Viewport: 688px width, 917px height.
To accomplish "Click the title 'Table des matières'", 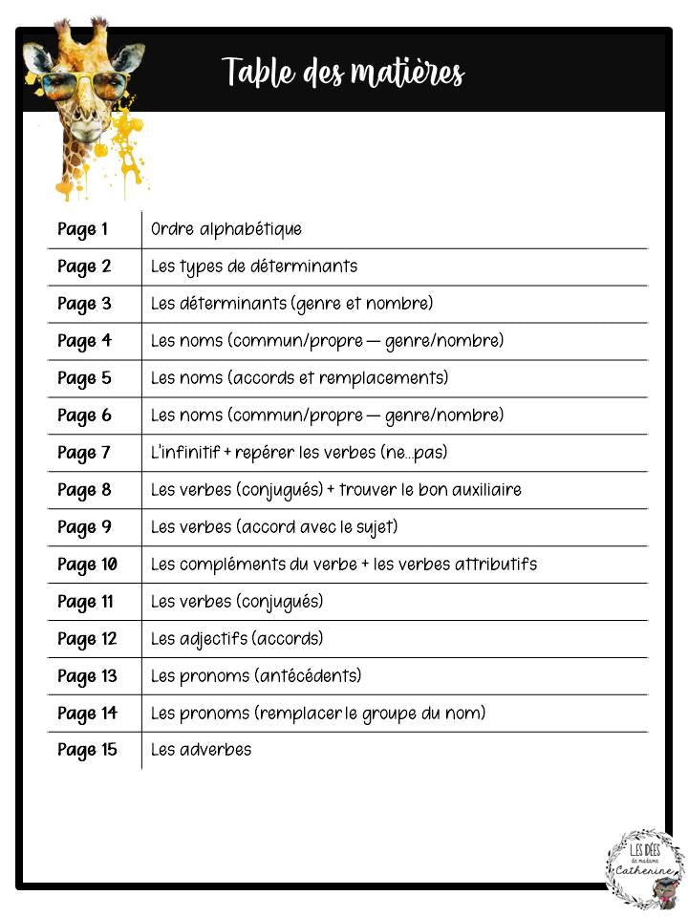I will point(343,73).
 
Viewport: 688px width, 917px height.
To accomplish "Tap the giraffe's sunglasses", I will point(83,87).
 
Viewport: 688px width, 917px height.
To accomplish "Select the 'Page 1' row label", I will point(83,229).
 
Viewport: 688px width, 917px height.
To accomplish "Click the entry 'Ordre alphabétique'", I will point(226,229).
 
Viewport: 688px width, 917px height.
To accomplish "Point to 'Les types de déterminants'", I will point(254,267).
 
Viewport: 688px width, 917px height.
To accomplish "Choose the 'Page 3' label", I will point(84,304).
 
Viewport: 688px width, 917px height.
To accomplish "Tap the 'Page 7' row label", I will point(84,453).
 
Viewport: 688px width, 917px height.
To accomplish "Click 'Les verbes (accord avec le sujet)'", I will point(274,527).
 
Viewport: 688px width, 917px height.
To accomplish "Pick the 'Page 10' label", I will point(87,565).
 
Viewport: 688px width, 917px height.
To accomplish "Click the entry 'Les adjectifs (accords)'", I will point(237,639).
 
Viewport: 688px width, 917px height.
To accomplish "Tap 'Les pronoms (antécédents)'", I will point(256,676).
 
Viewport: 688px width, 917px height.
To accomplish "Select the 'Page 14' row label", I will point(87,714).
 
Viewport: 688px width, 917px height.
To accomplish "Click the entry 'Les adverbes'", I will point(202,750).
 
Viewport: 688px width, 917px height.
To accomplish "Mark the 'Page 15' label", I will point(87,750).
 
